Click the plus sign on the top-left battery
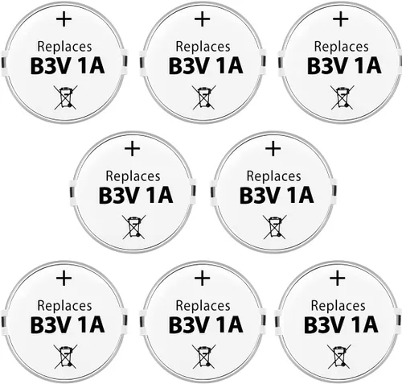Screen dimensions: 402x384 64,19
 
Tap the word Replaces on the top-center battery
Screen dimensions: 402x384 203,47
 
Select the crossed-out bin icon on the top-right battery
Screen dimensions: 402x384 343,97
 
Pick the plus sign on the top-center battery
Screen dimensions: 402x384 203,19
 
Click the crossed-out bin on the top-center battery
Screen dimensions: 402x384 204,97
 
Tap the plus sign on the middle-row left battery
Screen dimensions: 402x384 133,149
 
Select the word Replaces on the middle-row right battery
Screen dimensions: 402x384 273,176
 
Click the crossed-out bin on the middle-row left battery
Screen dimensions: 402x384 134,227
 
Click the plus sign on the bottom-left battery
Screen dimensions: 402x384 64,279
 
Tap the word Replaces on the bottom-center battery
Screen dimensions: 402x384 203,306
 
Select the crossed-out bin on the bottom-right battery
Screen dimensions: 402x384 339,357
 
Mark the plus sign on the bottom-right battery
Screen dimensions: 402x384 338,279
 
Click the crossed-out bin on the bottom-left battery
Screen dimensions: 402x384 66,357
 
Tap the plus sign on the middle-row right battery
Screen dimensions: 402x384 273,149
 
